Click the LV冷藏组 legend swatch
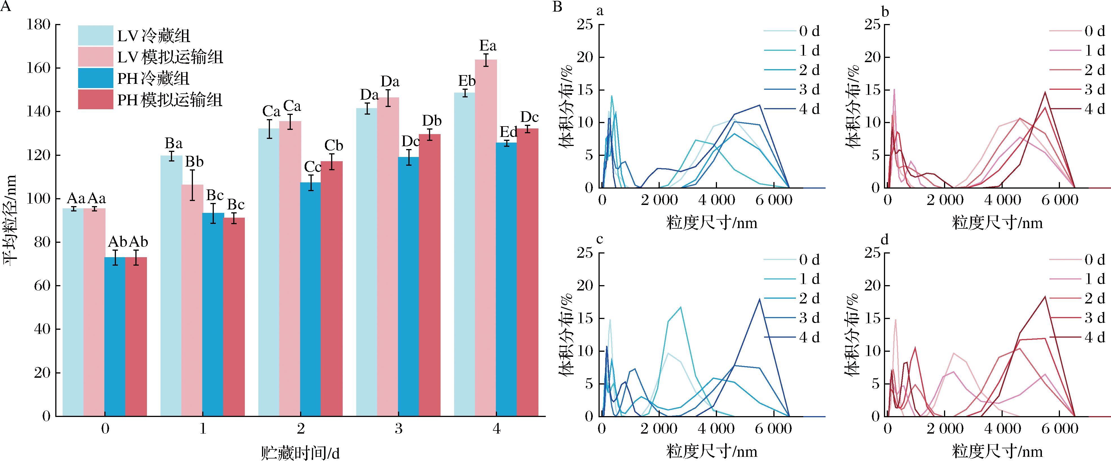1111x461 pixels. (x=95, y=35)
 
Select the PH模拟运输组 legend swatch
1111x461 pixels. (x=95, y=100)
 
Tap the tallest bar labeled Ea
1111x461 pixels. (x=486, y=237)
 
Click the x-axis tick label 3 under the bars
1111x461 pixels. (x=399, y=429)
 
